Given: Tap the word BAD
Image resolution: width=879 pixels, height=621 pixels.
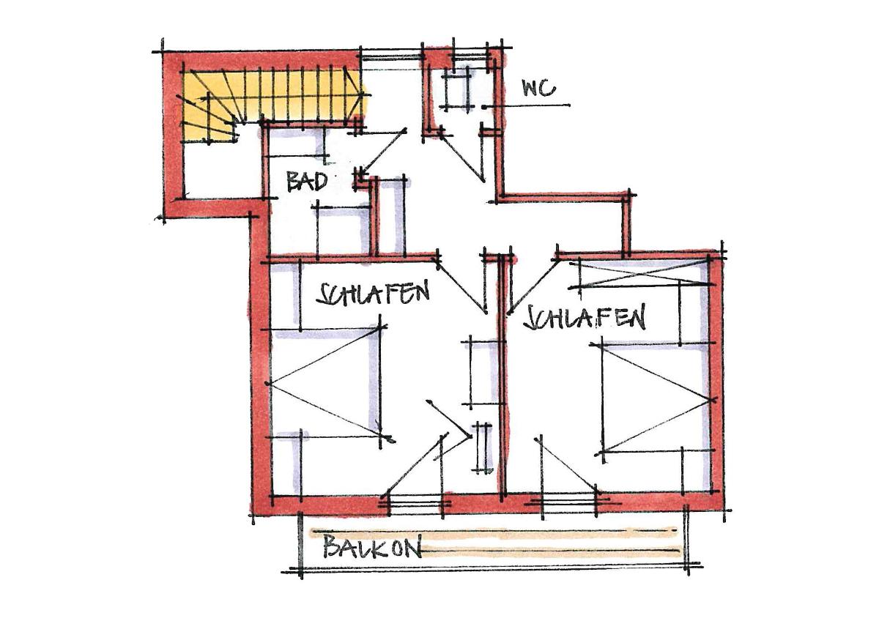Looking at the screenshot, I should (306, 182).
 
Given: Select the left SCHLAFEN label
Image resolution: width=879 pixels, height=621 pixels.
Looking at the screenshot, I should (373, 294).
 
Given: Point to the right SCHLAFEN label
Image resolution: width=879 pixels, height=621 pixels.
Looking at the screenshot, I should (585, 319).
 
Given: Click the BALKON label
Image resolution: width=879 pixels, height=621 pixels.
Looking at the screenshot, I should (372, 547).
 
